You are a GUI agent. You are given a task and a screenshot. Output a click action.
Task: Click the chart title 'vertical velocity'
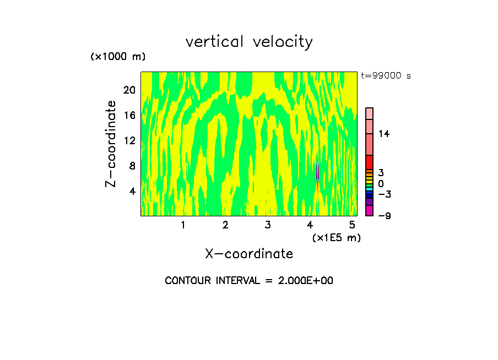coord(249,42)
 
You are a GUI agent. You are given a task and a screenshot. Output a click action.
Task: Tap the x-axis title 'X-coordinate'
coord(249,254)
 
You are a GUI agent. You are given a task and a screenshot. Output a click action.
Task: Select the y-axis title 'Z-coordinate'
coord(111,144)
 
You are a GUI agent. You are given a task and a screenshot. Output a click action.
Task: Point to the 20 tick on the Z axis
coord(129,90)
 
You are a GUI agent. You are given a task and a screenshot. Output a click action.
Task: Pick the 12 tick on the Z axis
coord(129,140)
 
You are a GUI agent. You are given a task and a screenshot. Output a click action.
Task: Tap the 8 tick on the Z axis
coord(132,166)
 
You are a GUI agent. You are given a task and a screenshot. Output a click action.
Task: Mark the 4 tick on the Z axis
coord(132,191)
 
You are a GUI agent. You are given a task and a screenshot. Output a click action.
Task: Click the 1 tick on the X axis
coord(183,225)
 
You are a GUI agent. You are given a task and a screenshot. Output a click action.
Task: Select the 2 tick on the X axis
coord(225,225)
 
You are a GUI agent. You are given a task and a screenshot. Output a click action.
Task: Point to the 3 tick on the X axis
coord(268,225)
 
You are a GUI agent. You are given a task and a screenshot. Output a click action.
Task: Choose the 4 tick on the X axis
coord(310,225)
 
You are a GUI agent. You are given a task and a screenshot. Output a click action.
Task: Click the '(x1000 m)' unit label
coord(117,57)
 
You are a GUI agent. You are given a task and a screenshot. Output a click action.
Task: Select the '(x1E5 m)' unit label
coord(336,237)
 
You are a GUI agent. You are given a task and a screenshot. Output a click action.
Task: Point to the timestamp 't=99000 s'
coord(386,76)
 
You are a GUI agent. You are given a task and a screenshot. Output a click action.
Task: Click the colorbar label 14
coord(384,134)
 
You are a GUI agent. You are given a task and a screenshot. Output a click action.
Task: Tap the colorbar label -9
coord(385,216)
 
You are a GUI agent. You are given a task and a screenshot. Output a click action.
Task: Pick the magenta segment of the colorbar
coord(369,210)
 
